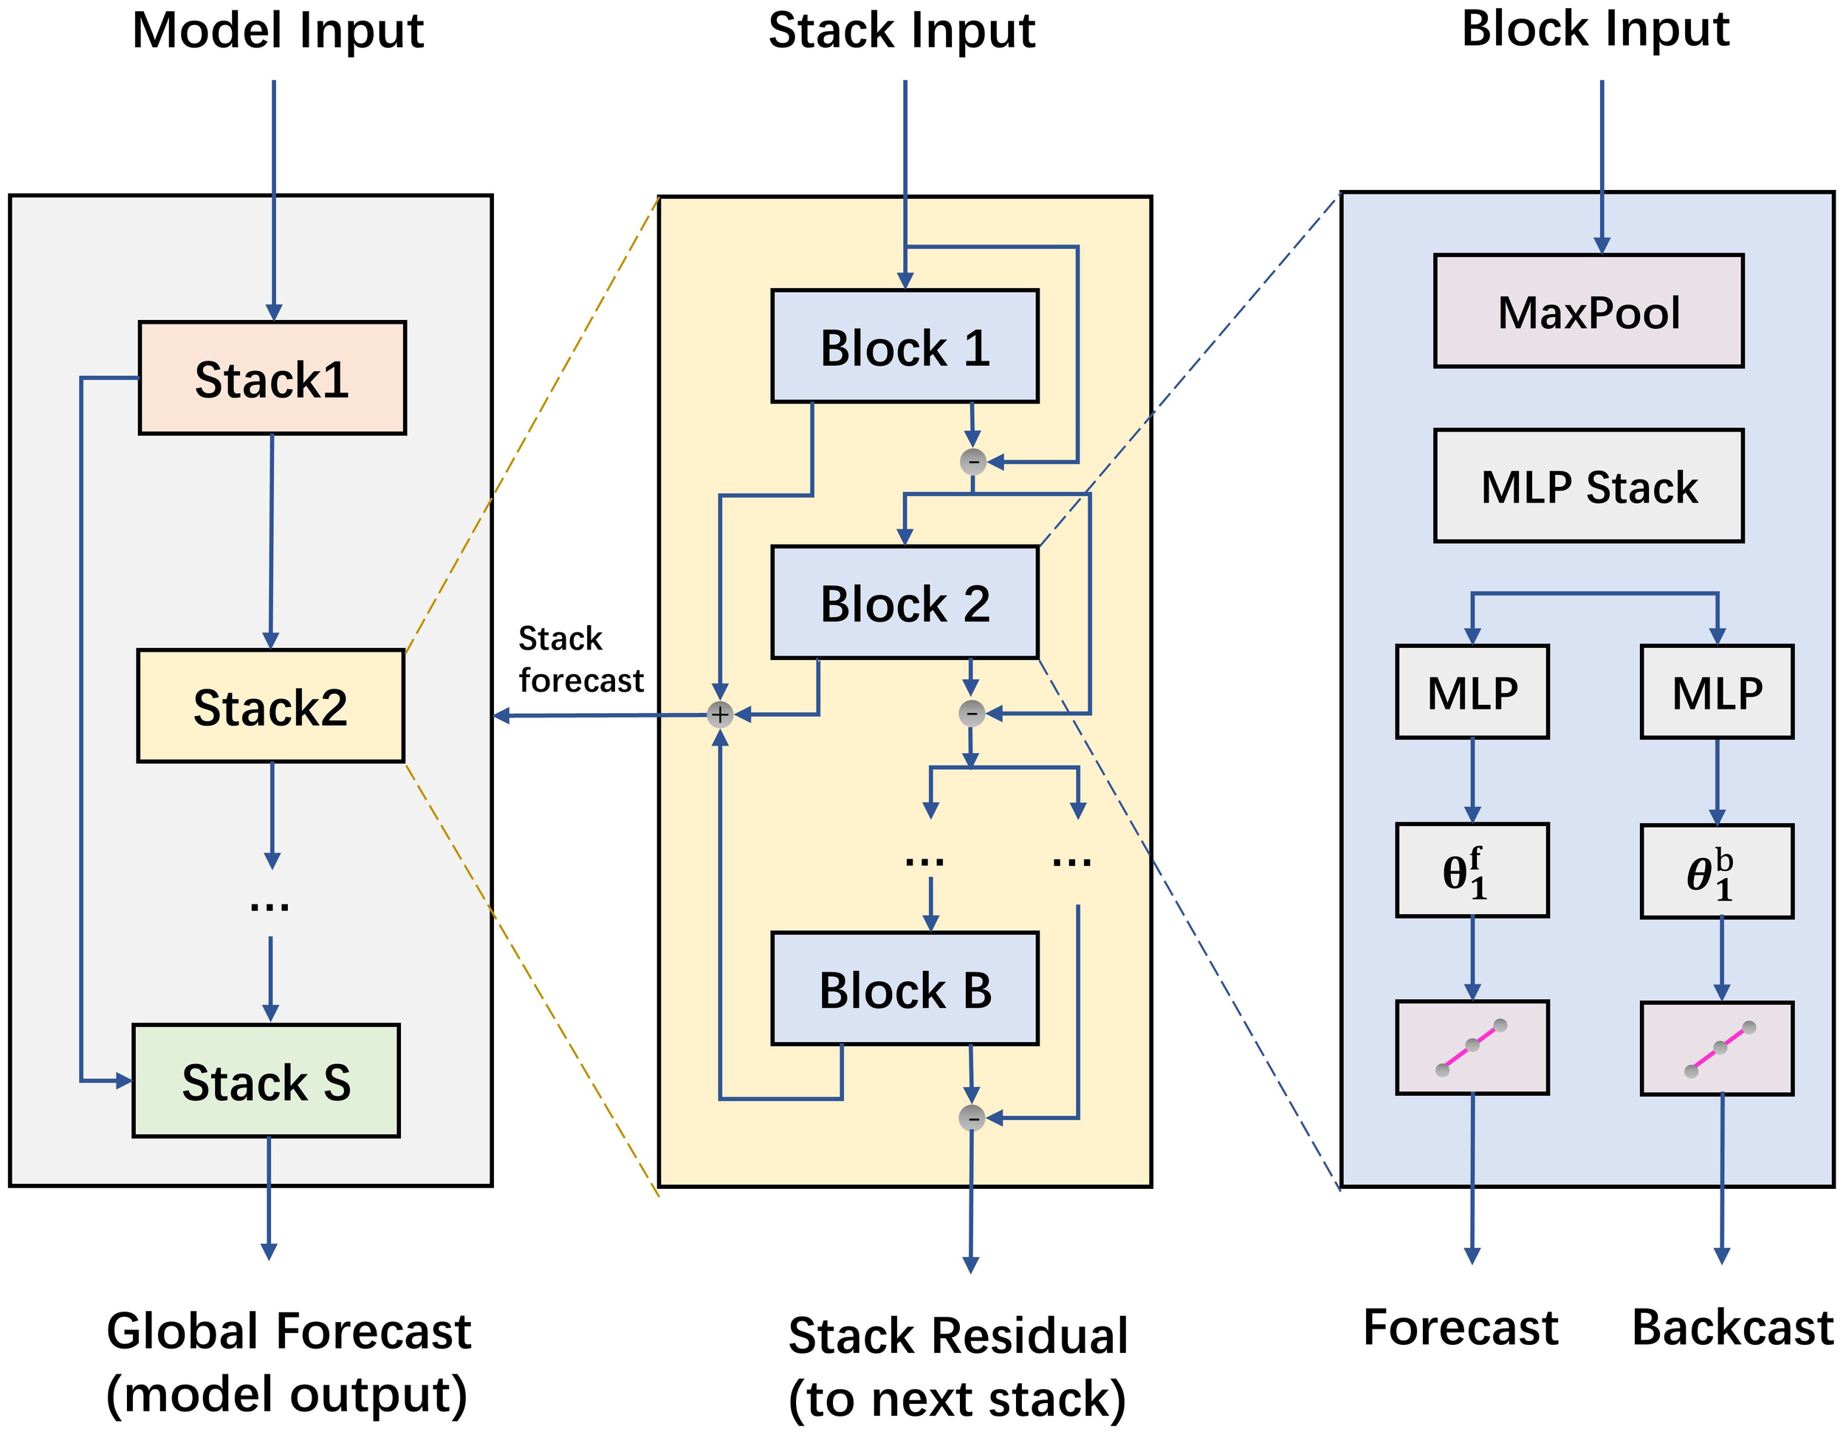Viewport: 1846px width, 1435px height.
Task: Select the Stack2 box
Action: pos(270,706)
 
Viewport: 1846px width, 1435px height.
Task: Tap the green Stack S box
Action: pos(267,1081)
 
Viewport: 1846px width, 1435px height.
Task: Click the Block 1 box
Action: pos(905,347)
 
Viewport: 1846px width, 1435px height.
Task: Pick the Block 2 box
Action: pos(905,603)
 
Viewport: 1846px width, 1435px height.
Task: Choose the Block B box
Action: pos(905,989)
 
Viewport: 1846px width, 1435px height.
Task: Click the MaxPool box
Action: pos(1588,311)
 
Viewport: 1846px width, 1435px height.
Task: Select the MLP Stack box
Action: pos(1588,486)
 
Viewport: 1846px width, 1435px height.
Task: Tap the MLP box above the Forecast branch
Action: pos(1472,692)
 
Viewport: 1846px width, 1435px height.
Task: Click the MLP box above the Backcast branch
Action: pos(1717,692)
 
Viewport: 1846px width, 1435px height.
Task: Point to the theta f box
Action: pos(1472,870)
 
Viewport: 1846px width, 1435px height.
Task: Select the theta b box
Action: pos(1717,872)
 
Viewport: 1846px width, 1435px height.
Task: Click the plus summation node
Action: pos(719,715)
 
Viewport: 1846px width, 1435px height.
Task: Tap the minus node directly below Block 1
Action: pos(973,462)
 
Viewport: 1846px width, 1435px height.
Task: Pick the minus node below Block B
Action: pos(972,1118)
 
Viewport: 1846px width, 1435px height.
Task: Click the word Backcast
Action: pos(1732,1328)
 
